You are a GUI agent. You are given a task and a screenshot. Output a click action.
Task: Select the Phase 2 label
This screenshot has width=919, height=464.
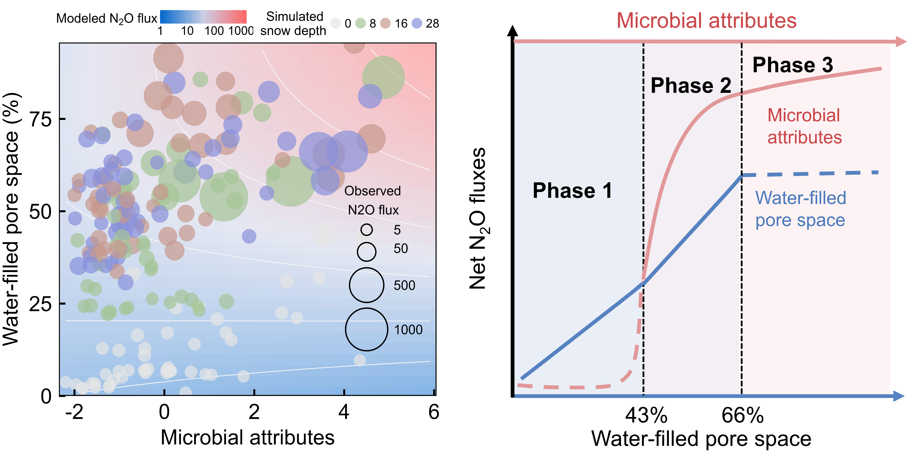coord(690,86)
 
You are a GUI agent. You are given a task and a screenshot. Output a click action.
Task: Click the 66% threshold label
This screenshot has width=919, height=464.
coord(742,415)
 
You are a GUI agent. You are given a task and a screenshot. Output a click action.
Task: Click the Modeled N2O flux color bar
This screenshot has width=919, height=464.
coord(203,17)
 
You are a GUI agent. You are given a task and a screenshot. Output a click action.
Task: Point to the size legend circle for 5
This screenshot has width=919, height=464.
coord(366,230)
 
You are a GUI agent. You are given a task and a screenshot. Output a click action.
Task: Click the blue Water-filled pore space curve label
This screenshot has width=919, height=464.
coord(800,209)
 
